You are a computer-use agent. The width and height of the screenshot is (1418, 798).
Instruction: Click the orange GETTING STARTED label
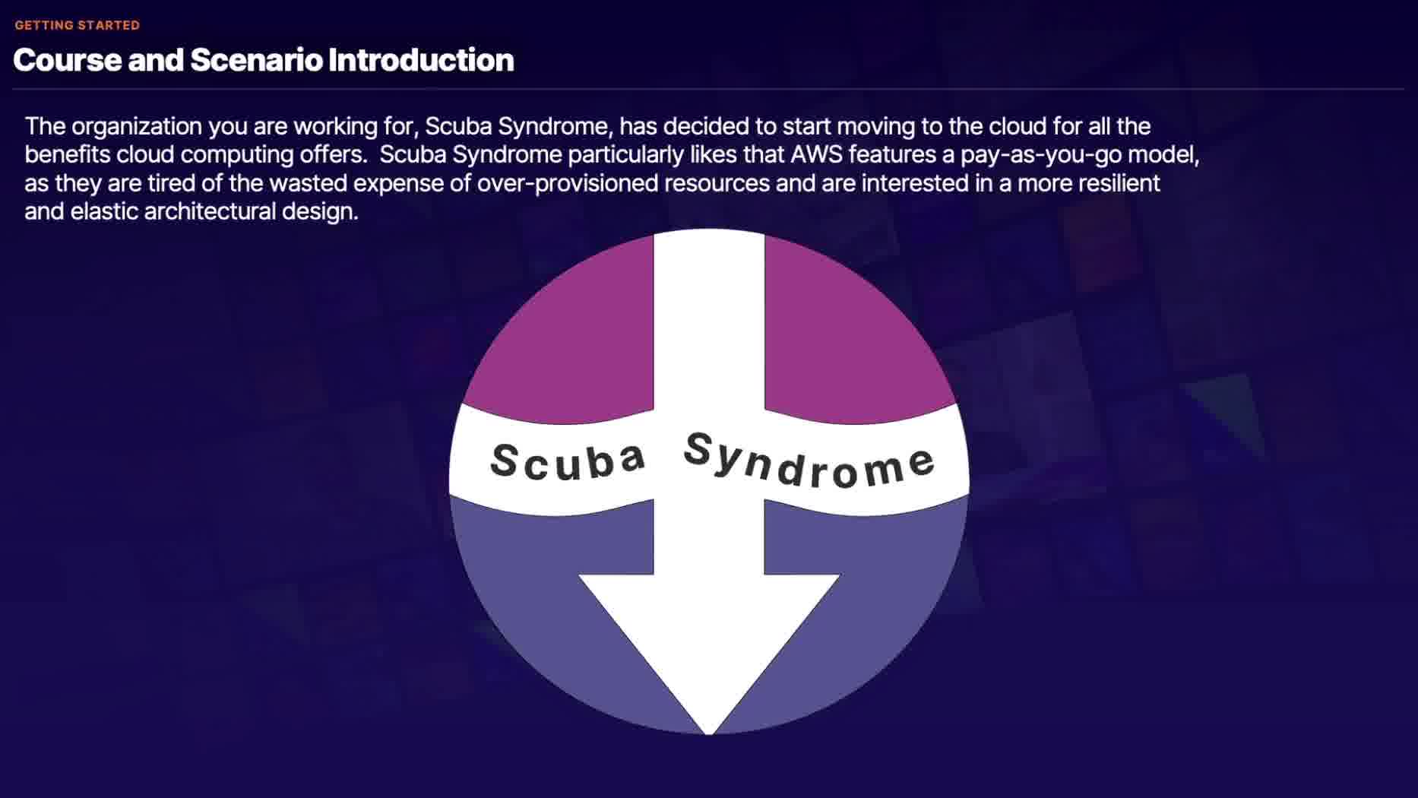pyautogui.click(x=77, y=25)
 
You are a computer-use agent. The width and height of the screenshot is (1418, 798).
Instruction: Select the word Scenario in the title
pyautogui.click(x=256, y=60)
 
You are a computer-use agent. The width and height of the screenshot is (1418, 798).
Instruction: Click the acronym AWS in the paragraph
pyautogui.click(x=816, y=154)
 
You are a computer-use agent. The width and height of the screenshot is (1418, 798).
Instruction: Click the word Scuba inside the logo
pyautogui.click(x=568, y=461)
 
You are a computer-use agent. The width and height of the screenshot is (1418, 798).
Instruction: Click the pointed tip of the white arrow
pyautogui.click(x=709, y=734)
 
